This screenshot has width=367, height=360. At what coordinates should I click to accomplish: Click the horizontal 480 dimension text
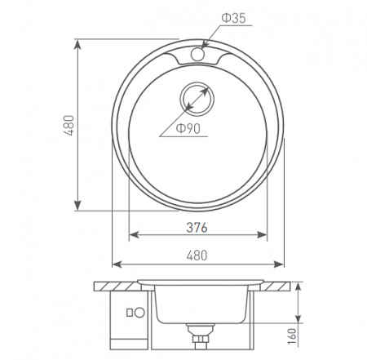coord(197,255)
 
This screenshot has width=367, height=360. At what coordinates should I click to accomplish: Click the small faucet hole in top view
coord(197,54)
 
